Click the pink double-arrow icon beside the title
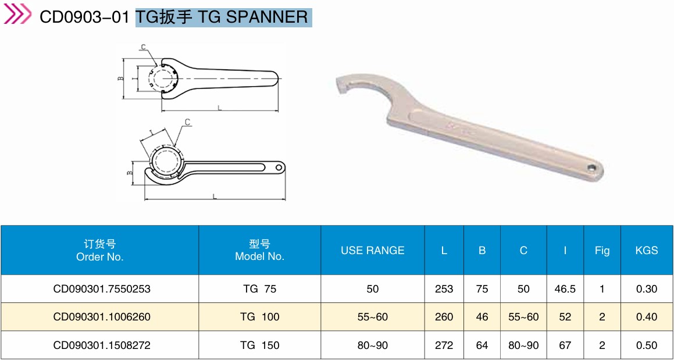(x=17, y=14)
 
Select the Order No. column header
(x=99, y=251)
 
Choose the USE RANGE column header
(x=373, y=250)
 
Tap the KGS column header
(x=647, y=250)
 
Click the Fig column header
(x=602, y=251)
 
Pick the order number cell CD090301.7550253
(x=102, y=288)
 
